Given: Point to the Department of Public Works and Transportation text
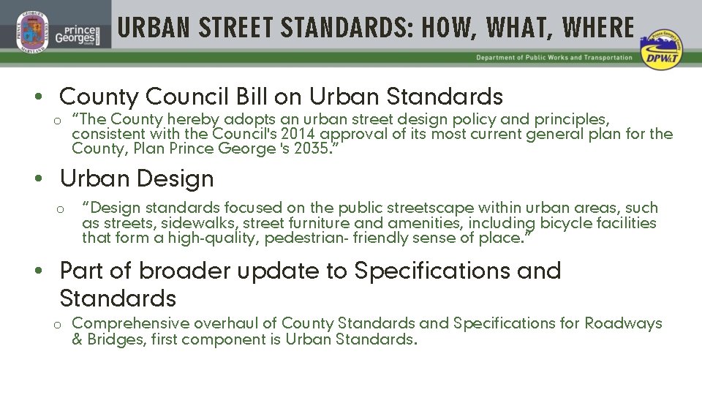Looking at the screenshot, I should pos(554,58).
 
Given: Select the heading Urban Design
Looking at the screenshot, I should pos(137,178).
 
